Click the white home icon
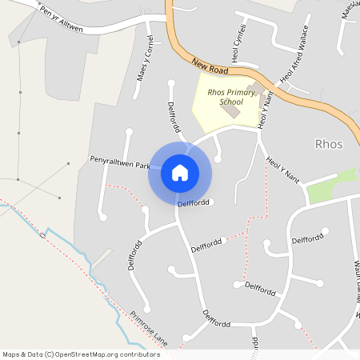[180, 172]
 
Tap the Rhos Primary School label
[230, 98]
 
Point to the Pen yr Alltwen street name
[62, 18]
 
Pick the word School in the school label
[230, 103]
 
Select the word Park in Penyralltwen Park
[142, 166]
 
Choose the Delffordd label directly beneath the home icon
[194, 203]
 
